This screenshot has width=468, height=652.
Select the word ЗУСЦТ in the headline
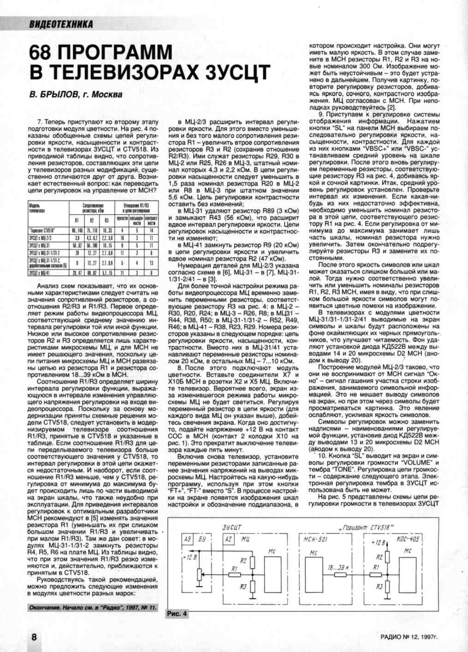coord(237,72)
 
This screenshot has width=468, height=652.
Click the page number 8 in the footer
coord(34,637)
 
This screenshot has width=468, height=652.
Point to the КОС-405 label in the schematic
coord(408,539)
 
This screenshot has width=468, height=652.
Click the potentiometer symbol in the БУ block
coord(199,574)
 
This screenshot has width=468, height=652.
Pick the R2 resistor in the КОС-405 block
coord(387,557)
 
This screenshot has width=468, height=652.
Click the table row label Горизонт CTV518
coord(43,230)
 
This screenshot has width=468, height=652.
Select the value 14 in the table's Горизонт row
coord(152,230)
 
